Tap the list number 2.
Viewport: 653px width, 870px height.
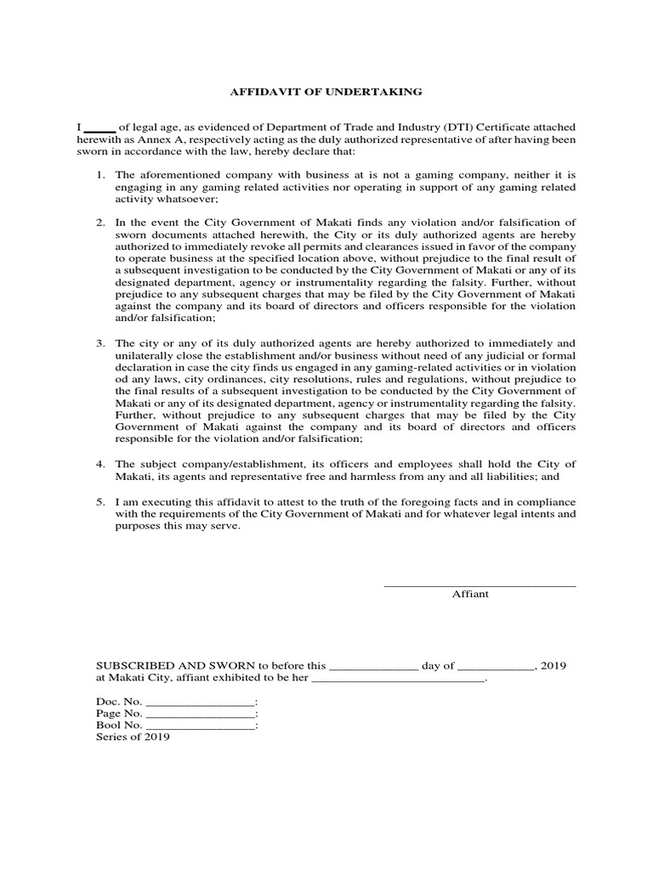pyautogui.click(x=99, y=223)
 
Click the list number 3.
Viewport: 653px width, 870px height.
pyautogui.click(x=99, y=343)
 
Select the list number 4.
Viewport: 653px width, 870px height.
pyautogui.click(x=99, y=464)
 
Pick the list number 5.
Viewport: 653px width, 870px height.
pyautogui.click(x=99, y=500)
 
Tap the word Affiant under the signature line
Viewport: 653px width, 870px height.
pyautogui.click(x=470, y=595)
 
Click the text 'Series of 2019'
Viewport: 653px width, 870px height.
pyautogui.click(x=133, y=737)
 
